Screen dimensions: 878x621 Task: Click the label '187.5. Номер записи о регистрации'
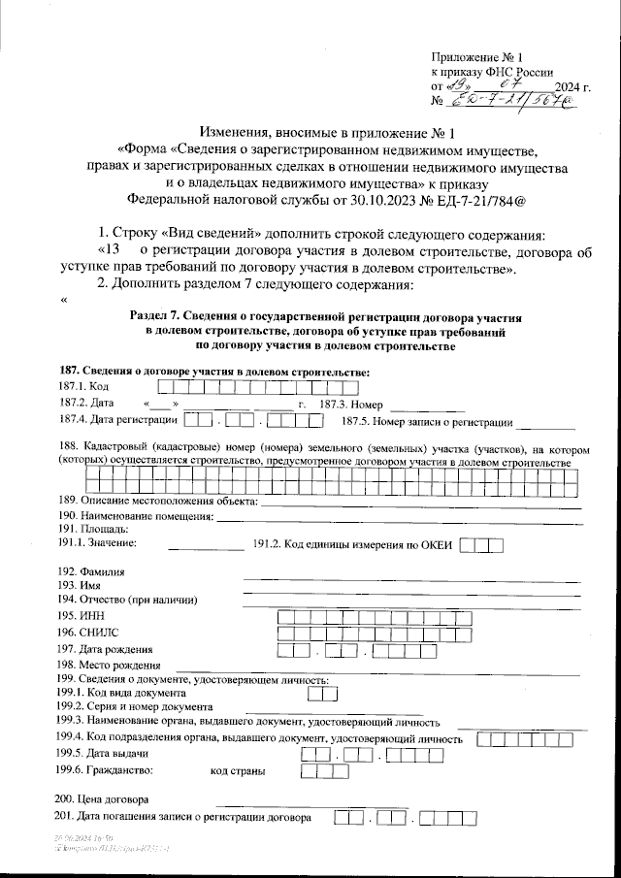pyautogui.click(x=427, y=422)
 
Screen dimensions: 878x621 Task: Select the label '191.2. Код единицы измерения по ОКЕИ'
pyautogui.click(x=353, y=545)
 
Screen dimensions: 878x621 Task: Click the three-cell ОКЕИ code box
pyautogui.click(x=481, y=545)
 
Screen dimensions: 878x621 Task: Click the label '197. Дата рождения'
pyautogui.click(x=105, y=648)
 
